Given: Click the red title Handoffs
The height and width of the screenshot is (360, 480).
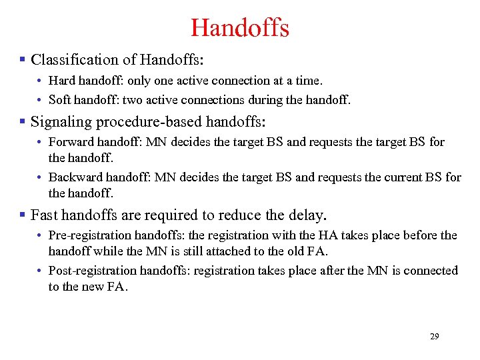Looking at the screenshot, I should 239,28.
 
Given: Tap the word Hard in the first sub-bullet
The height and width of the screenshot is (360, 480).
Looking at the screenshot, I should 62,81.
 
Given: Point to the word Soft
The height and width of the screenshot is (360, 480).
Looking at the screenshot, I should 61,100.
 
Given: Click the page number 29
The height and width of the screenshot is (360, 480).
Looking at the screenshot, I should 434,337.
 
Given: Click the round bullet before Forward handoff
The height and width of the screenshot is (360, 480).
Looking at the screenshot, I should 41,143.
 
